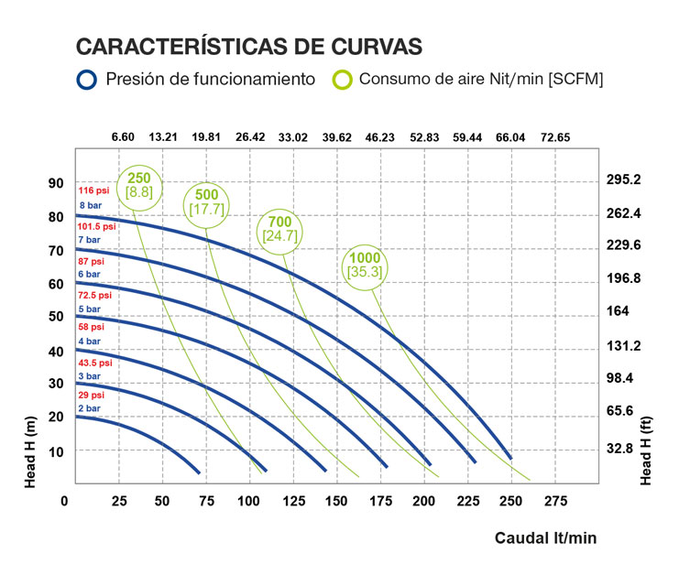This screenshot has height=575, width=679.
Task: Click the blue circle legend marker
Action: click(87, 80)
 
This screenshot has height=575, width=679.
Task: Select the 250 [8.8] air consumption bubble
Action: click(139, 185)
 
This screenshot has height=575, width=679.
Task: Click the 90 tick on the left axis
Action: click(56, 183)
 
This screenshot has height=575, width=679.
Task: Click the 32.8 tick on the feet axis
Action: click(619, 449)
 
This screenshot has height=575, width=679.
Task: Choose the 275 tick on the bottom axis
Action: click(556, 502)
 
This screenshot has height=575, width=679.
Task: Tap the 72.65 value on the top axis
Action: click(555, 137)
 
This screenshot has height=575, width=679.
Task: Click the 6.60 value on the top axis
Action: click(123, 137)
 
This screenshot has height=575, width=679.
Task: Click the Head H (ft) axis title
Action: click(647, 450)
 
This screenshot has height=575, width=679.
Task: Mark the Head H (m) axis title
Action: click(29, 450)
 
